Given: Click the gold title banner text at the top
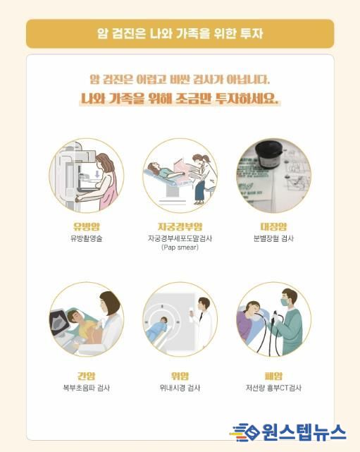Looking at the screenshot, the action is coord(180,33).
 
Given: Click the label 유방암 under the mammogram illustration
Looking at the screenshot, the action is coord(87,226).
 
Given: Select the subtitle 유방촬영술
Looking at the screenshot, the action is coord(87,238).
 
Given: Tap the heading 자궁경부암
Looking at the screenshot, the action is coord(180,226).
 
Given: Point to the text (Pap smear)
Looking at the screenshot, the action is coord(180,248).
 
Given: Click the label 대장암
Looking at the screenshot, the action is coord(273,226).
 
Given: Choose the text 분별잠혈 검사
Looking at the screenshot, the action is coord(273,238).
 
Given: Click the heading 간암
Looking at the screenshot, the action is coord(87,376).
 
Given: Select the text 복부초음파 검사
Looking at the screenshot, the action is coord(87,388).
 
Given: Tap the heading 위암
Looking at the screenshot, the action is coord(180,376).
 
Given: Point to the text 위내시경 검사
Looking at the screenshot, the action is coord(180,388).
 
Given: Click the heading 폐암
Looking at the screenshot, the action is coord(273,376).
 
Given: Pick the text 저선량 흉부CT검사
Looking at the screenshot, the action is coord(273,388).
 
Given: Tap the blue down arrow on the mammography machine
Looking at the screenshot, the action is coord(97,174).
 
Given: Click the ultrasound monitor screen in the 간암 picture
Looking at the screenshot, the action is coord(60,321).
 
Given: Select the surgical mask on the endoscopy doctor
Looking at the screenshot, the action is coord(285,302).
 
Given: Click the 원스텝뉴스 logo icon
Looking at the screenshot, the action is coord(244,432).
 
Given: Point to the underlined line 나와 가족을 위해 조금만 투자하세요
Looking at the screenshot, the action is coord(180,99).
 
